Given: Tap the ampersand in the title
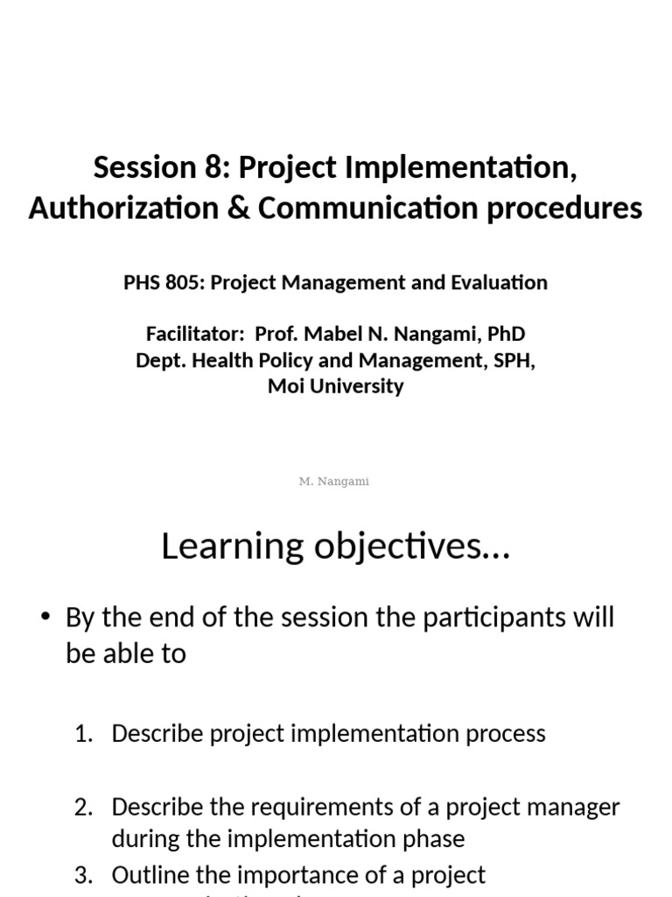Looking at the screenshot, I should pyautogui.click(x=235, y=208).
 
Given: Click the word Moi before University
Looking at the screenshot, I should pyautogui.click(x=284, y=386).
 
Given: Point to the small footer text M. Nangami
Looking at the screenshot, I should pyautogui.click(x=334, y=482).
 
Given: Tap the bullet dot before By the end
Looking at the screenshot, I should pyautogui.click(x=45, y=618).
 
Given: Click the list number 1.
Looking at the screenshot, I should pyautogui.click(x=83, y=734).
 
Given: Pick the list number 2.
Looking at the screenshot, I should pyautogui.click(x=83, y=808).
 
